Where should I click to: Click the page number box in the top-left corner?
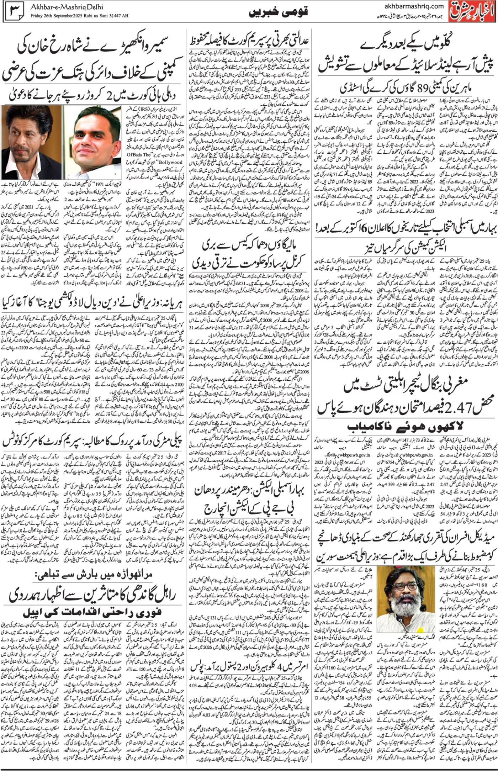(15, 11)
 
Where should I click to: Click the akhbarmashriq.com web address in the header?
(414, 6)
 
